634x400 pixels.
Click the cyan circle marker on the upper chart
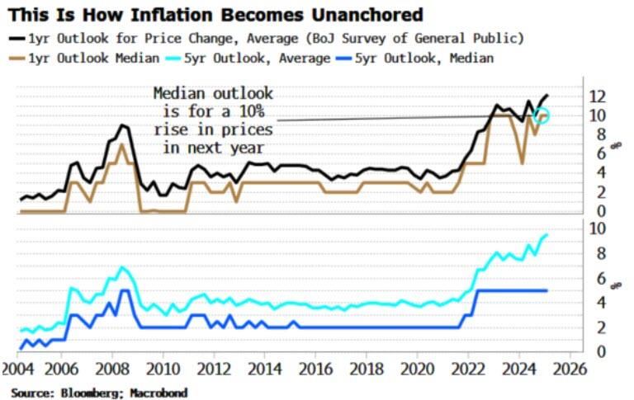(x=542, y=115)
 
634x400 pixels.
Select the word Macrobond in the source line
(x=159, y=393)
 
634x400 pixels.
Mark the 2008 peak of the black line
(x=123, y=125)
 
